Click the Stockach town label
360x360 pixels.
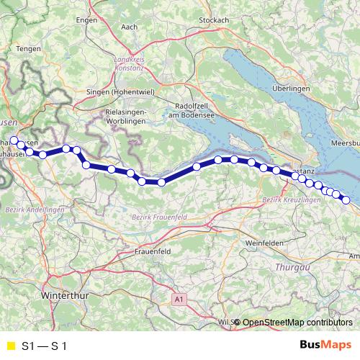click(213, 19)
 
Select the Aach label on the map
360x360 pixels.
click(130, 27)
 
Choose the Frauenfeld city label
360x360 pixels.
click(152, 252)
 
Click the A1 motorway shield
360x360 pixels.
click(179, 297)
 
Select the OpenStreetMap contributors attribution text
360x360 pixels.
click(297, 322)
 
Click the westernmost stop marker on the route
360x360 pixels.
click(13, 140)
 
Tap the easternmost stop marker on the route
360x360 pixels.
click(346, 200)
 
